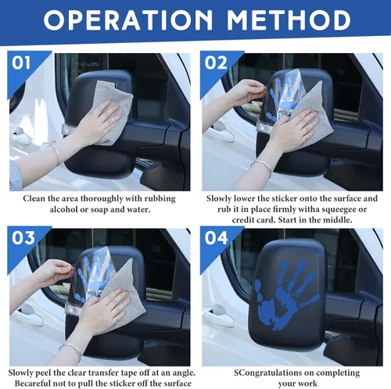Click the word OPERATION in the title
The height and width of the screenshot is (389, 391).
(127, 20)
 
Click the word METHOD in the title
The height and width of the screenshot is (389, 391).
(289, 20)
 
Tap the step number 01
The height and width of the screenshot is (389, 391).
(21, 62)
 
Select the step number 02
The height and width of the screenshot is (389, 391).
(216, 62)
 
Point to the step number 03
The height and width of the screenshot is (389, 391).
(23, 238)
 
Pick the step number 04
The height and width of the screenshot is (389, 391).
(217, 238)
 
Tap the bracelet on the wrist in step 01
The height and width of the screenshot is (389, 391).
(56, 154)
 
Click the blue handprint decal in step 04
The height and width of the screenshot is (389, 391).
(286, 295)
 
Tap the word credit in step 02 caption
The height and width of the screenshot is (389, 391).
(244, 220)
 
